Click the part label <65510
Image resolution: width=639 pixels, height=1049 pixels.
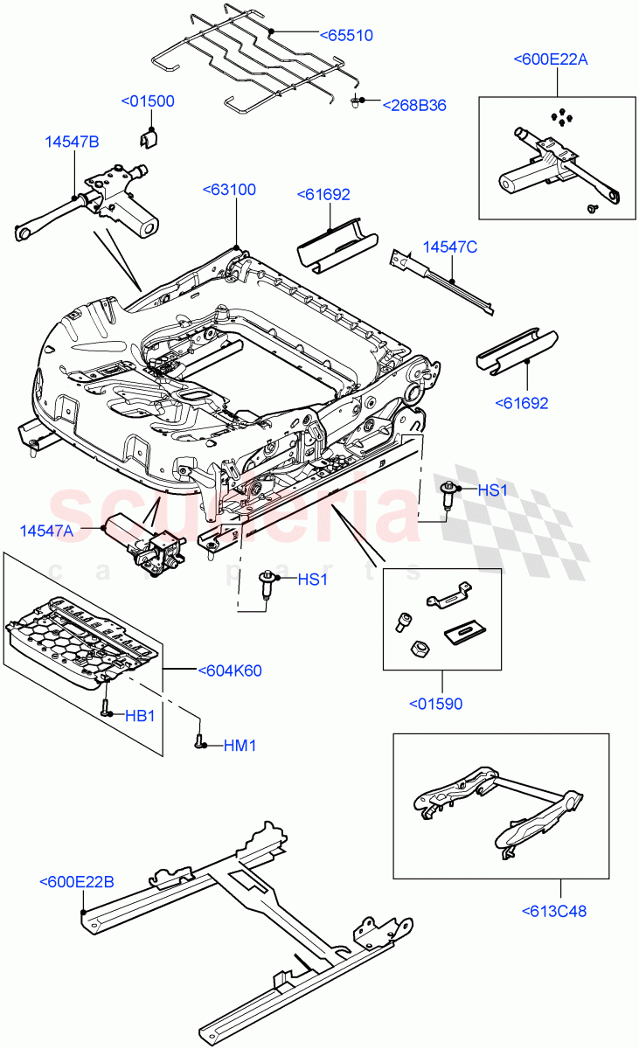345,36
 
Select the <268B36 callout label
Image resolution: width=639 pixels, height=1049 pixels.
414,105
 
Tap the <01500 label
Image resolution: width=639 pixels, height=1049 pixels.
147,101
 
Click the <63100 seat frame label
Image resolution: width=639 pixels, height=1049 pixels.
229,190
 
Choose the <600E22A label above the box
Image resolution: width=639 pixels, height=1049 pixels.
551,59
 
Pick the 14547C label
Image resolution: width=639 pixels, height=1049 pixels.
450,247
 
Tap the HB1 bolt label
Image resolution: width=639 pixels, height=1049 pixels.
140,715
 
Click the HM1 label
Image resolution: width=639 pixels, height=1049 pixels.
240,746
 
